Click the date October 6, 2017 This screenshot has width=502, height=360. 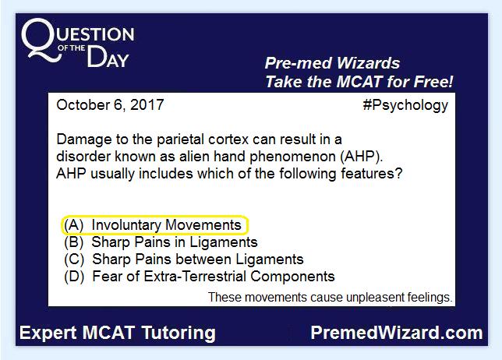click(110, 105)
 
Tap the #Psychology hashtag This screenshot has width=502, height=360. click(405, 106)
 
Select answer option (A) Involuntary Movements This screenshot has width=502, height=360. click(153, 225)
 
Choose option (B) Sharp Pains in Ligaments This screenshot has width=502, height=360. click(161, 242)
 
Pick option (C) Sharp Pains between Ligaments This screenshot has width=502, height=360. click(184, 259)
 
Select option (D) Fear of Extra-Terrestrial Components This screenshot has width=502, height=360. click(200, 277)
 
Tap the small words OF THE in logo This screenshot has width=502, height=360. click(71, 48)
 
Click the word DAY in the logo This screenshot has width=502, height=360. click(108, 57)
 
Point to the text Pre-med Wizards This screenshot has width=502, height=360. click(332, 63)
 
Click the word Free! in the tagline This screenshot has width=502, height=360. click(433, 82)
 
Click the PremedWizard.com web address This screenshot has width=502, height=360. click(397, 333)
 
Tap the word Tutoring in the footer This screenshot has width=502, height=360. click(179, 334)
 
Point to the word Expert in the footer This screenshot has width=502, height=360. click(48, 334)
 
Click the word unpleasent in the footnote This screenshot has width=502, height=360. click(373, 298)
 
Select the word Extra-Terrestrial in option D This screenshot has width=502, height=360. click(195, 277)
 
